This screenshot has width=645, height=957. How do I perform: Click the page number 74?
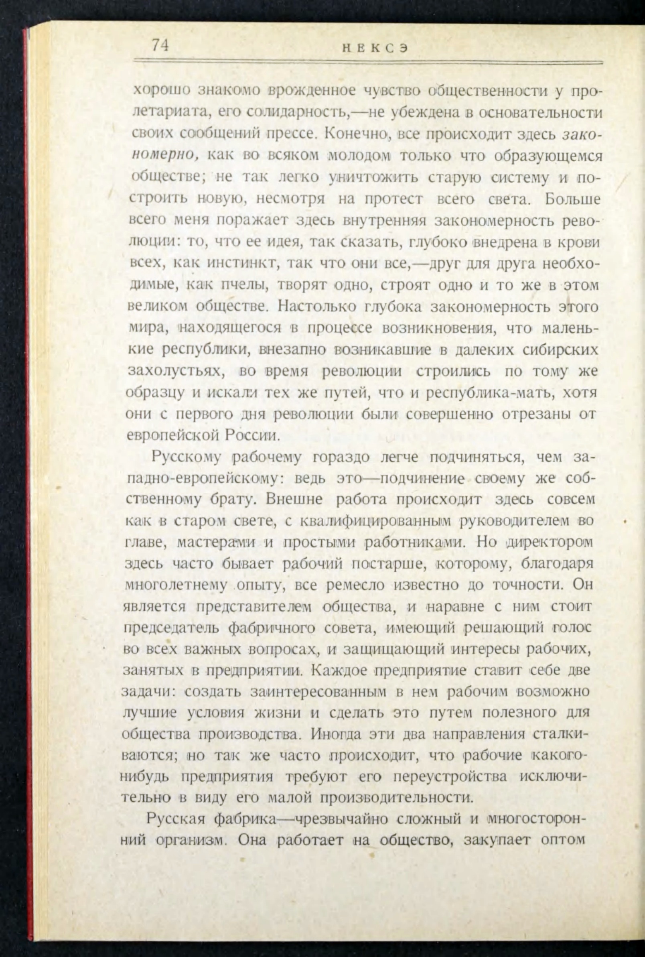pos(160,45)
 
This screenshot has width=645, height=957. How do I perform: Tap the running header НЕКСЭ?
pos(375,49)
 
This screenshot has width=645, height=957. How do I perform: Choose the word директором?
pos(550,543)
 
